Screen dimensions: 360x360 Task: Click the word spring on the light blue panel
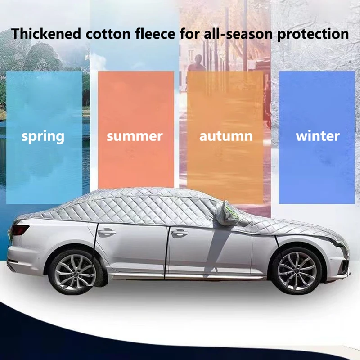[x=43, y=137]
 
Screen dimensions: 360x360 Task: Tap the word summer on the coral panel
[x=135, y=136]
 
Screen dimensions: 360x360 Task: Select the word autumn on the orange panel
[x=226, y=136]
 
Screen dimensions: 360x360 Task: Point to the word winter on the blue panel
[x=318, y=136]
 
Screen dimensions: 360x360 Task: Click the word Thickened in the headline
[x=46, y=33]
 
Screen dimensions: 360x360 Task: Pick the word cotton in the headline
[x=108, y=34]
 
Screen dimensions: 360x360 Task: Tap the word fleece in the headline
[x=155, y=33]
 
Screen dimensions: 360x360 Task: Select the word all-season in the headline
[x=238, y=34]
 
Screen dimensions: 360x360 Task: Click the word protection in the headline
[x=313, y=35]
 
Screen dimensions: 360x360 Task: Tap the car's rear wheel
[x=76, y=273]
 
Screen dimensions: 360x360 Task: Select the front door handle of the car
[x=180, y=233]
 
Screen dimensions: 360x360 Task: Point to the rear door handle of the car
[x=107, y=232]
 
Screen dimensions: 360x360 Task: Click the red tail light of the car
[x=20, y=229]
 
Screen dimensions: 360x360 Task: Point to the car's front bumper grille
[x=344, y=266]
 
